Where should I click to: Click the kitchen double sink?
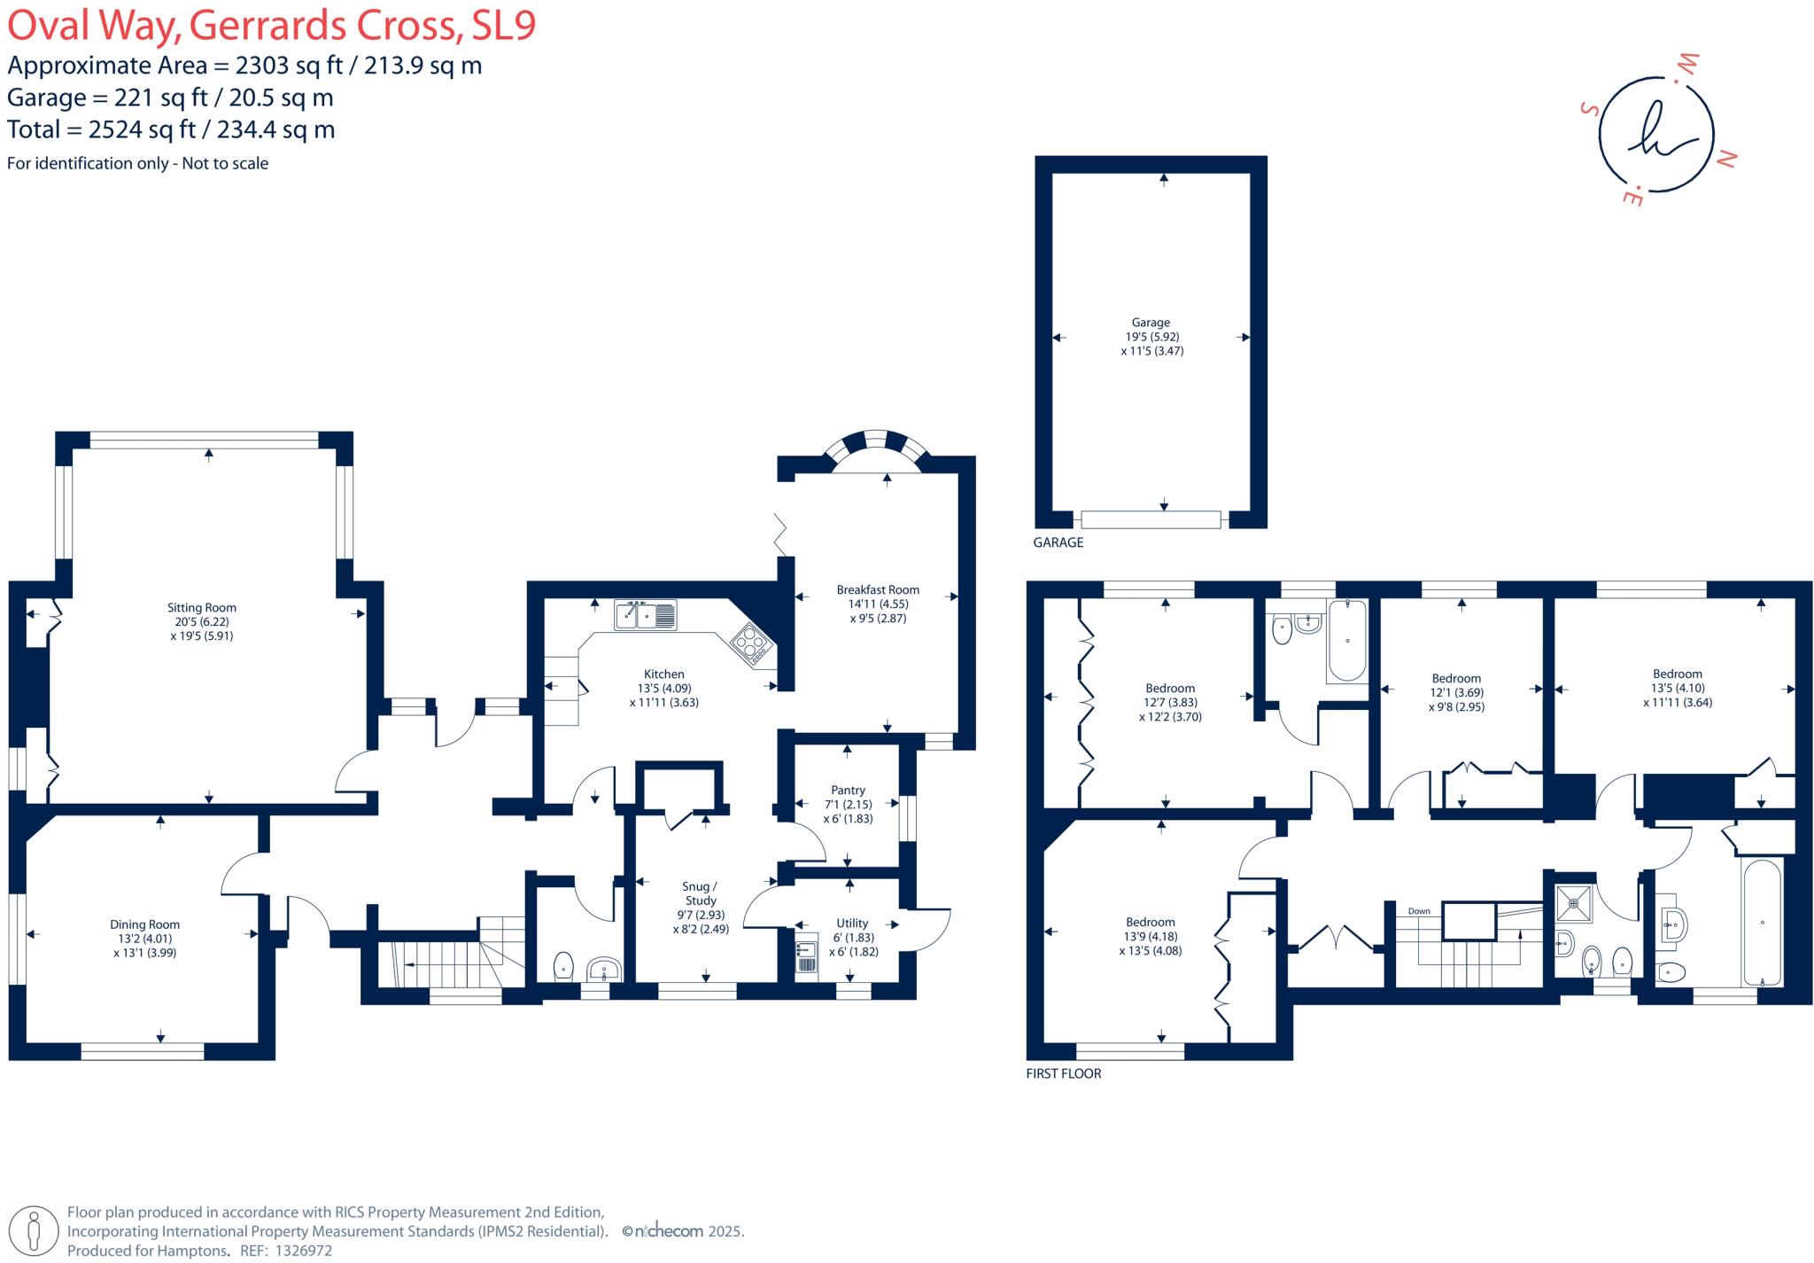pos(646,615)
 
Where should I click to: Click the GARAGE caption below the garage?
pos(1058,542)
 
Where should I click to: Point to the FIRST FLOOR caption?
pos(1064,1073)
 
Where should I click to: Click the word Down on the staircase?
pos(1419,911)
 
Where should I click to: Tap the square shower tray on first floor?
pos(1574,904)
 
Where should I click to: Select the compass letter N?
pos(1725,160)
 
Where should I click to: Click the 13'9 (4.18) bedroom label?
pos(1151,936)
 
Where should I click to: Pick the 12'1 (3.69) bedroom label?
pos(1456,693)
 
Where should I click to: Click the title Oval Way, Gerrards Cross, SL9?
pos(272,26)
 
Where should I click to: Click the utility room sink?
pos(805,953)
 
